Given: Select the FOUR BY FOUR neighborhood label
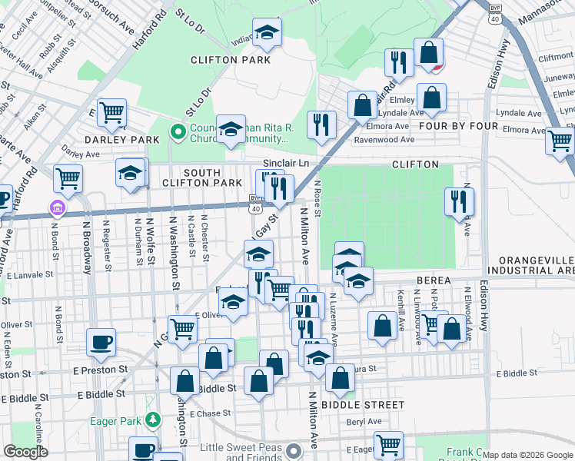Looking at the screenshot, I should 453,124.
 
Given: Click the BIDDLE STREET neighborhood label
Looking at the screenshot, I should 363,405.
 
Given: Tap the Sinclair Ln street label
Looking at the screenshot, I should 285,164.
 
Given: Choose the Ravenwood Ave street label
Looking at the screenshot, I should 384,140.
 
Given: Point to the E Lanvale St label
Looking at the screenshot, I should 30,274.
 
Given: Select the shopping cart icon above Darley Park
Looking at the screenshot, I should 112,113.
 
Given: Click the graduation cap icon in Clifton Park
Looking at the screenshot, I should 267,33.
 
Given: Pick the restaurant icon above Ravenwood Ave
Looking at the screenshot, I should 321,124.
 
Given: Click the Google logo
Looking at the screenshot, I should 25,453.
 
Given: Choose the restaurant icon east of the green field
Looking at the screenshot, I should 459,202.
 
